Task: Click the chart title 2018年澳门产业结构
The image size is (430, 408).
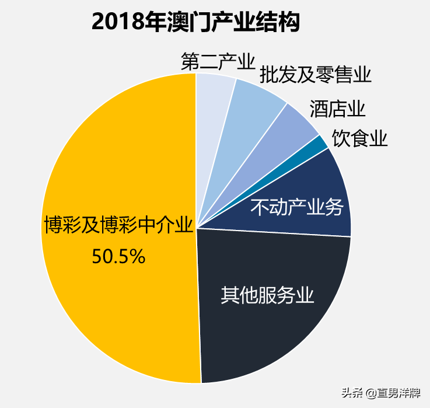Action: (195, 22)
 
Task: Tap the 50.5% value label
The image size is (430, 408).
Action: (118, 257)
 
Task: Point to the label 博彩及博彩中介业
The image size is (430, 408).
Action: (118, 225)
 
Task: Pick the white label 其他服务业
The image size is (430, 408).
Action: (267, 295)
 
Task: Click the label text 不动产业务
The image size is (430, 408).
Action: (297, 207)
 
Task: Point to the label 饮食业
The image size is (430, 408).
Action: (360, 138)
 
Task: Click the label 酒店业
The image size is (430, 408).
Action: (338, 109)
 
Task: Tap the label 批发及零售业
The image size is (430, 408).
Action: (316, 75)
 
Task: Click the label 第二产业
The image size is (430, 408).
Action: (218, 61)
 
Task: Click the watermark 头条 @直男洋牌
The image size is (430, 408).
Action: (381, 393)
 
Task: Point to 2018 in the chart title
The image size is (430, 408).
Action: (118, 22)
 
